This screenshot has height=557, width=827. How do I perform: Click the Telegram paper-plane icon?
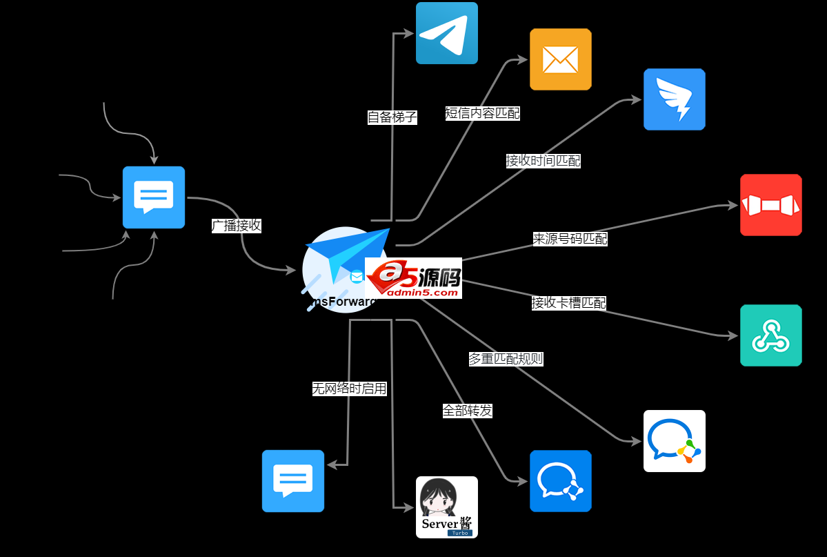click(446, 33)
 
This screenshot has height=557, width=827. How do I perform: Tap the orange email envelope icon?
click(560, 59)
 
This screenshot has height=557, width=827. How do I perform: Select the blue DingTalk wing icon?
click(674, 99)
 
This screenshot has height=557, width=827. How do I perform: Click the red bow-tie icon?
click(770, 205)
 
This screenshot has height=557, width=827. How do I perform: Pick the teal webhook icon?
click(770, 335)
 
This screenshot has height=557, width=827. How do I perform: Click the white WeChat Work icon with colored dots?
click(674, 441)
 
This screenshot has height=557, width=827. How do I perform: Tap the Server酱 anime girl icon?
click(446, 507)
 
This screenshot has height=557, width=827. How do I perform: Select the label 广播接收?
click(236, 226)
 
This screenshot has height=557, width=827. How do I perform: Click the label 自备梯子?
click(392, 117)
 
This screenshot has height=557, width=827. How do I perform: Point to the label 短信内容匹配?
click(482, 114)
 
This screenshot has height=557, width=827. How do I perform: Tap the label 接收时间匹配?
click(543, 161)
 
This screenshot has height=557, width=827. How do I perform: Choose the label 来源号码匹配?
click(570, 239)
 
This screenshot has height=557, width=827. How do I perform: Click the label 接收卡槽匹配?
click(568, 303)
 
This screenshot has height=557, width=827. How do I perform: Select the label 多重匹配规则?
click(506, 359)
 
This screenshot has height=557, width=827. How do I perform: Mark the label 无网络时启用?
click(349, 389)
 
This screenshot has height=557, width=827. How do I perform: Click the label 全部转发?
click(467, 411)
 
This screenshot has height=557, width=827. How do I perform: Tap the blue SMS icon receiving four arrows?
click(153, 197)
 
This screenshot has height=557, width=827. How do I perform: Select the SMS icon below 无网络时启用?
click(292, 481)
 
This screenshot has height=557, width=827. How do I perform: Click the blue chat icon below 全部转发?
click(560, 481)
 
